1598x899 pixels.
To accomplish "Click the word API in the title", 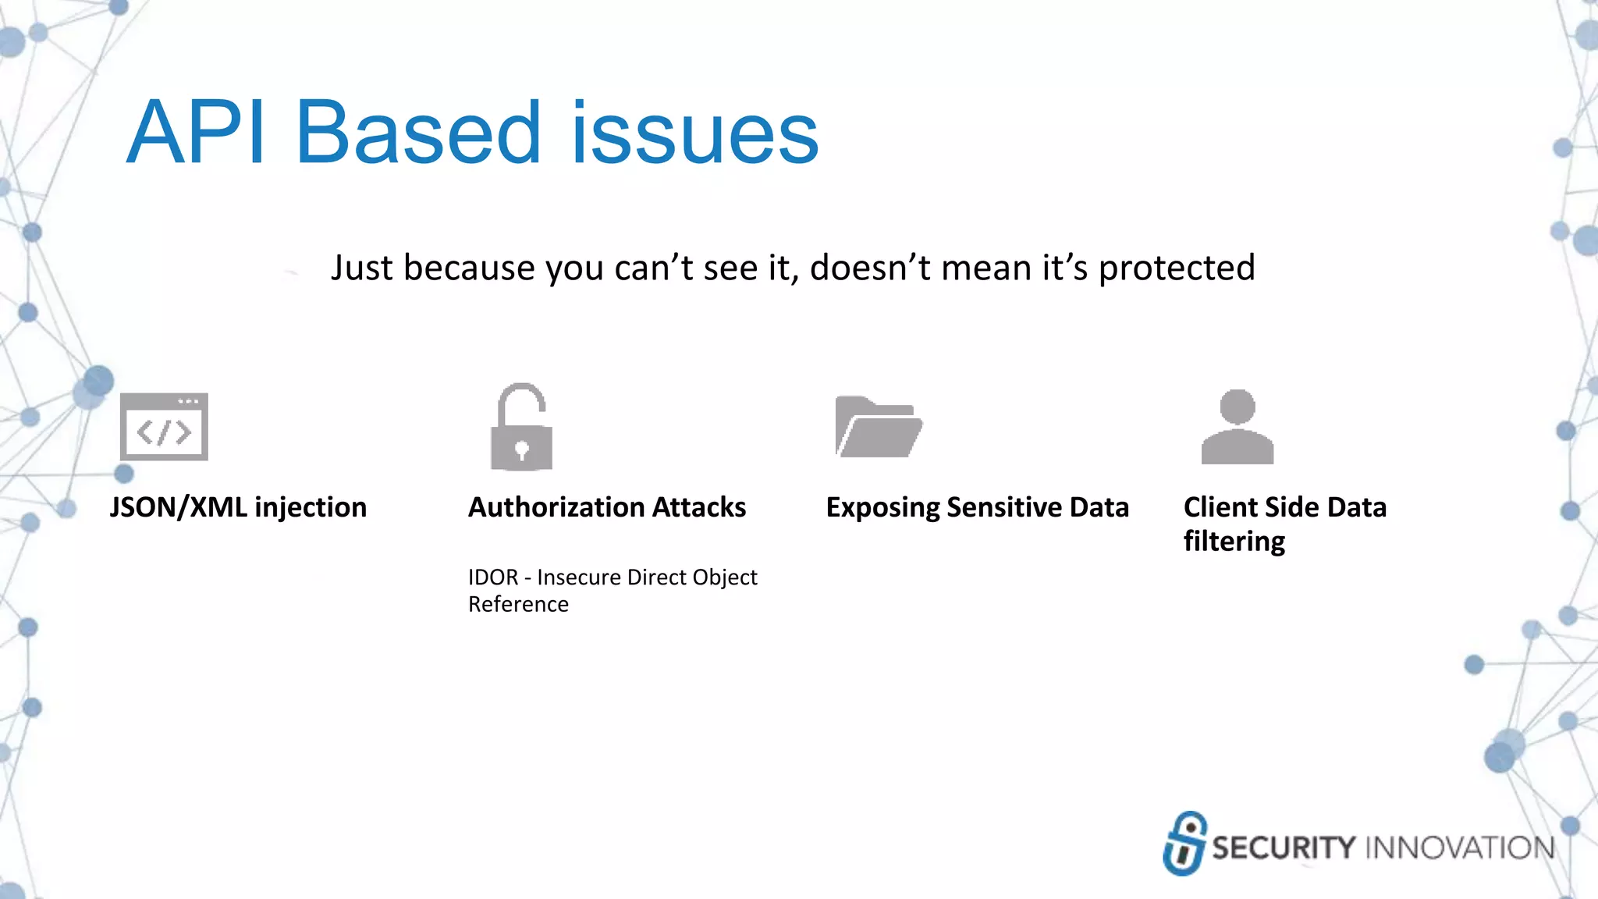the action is click(x=195, y=133).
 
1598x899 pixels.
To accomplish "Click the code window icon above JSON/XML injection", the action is click(x=164, y=427).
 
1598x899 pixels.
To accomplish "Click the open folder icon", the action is click(x=878, y=427).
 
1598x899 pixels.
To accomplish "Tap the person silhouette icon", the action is click(x=1238, y=428).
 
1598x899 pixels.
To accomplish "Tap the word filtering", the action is click(x=1234, y=542).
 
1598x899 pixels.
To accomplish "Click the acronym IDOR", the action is click(x=493, y=577).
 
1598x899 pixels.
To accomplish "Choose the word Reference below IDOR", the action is click(x=518, y=605).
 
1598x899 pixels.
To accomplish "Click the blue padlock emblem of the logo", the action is click(x=1184, y=844).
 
